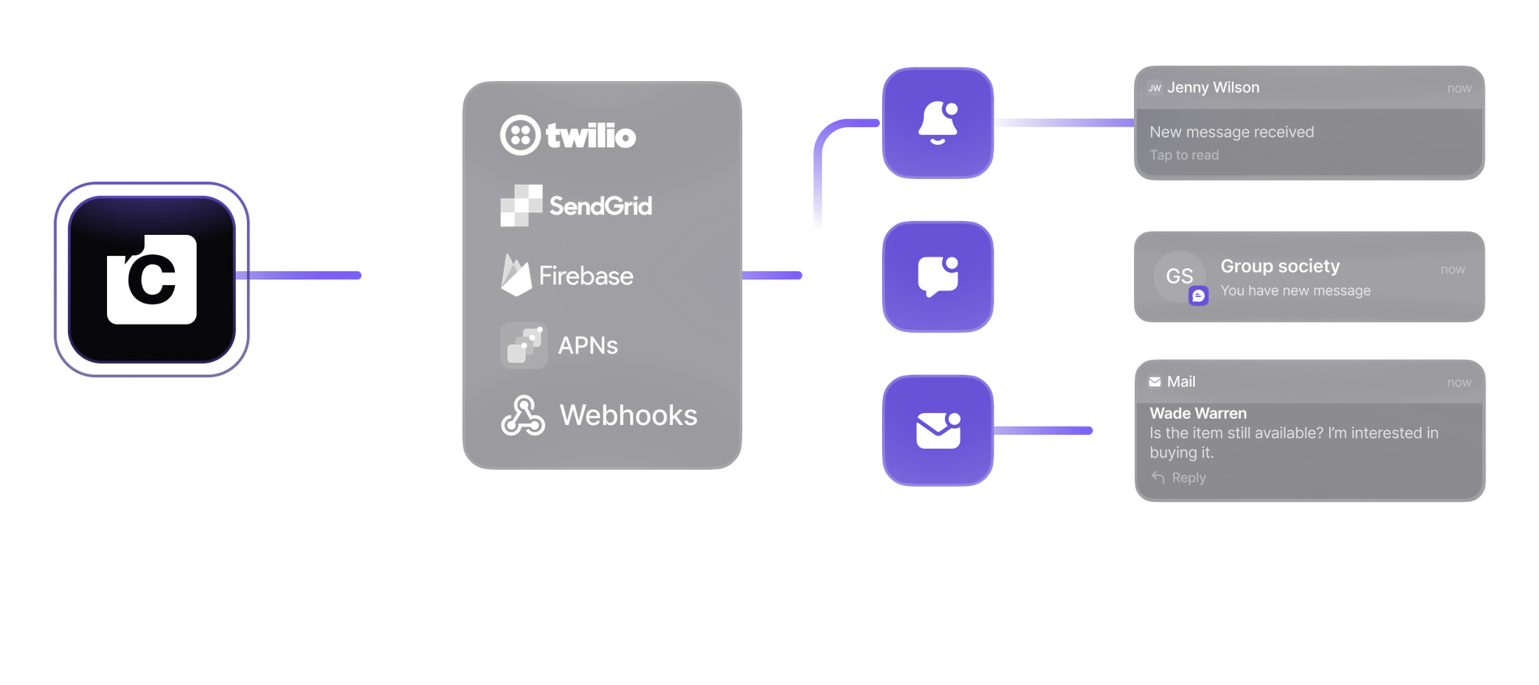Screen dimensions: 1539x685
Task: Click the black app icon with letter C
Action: tap(151, 279)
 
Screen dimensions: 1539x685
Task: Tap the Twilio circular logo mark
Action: tap(520, 134)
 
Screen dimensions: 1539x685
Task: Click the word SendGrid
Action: tap(600, 206)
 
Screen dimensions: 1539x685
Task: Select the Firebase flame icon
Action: tap(516, 275)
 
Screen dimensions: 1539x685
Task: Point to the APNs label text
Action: tap(588, 346)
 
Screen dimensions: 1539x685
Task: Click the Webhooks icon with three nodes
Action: tap(522, 415)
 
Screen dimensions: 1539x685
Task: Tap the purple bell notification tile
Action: tap(938, 123)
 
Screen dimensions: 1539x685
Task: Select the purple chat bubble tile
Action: tap(938, 277)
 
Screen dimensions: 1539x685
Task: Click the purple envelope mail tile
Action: tap(938, 431)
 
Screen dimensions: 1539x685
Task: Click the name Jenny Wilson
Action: tap(1213, 87)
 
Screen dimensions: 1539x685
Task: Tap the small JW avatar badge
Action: tap(1155, 88)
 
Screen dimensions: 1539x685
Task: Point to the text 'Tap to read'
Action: tap(1184, 155)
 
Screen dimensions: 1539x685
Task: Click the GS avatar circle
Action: tap(1179, 276)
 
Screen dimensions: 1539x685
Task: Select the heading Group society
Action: tap(1280, 266)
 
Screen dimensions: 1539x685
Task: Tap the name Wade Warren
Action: tap(1198, 413)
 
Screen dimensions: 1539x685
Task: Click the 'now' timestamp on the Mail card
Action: tap(1460, 382)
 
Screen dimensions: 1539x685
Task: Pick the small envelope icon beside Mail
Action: tap(1155, 382)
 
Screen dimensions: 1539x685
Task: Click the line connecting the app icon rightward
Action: tap(298, 275)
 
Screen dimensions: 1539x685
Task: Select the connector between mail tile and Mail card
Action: tap(1043, 431)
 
